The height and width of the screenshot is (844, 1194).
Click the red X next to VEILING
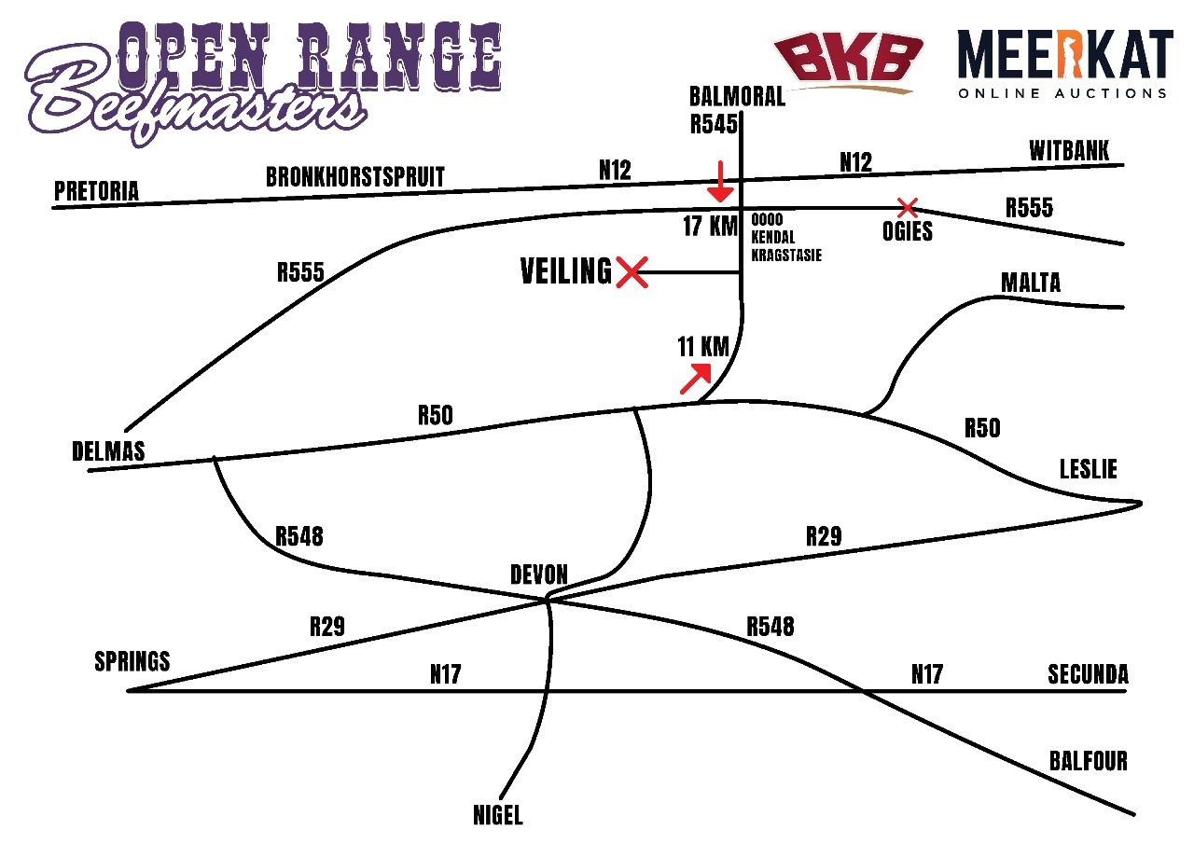[x=632, y=273]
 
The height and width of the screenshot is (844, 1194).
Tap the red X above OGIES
[x=905, y=207]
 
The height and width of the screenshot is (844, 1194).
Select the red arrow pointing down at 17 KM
[x=719, y=182]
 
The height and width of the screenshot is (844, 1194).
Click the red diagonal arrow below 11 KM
[x=695, y=379]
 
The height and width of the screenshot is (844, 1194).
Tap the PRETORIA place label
[x=96, y=191]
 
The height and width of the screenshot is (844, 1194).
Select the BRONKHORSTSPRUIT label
[x=355, y=177]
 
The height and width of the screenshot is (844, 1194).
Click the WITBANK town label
[x=1069, y=151]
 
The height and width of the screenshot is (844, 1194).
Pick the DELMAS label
[x=108, y=451]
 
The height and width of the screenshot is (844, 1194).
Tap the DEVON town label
[x=538, y=574]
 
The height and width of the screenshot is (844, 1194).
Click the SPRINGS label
[x=132, y=661]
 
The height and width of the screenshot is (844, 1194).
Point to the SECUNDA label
[x=1088, y=673]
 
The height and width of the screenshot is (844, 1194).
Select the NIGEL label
[x=498, y=816]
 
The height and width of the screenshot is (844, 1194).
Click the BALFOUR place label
[x=1088, y=762]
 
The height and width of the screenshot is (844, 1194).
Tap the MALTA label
[x=1030, y=283]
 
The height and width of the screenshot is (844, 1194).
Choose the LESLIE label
[x=1088, y=468]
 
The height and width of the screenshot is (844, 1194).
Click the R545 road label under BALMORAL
[x=714, y=124]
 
